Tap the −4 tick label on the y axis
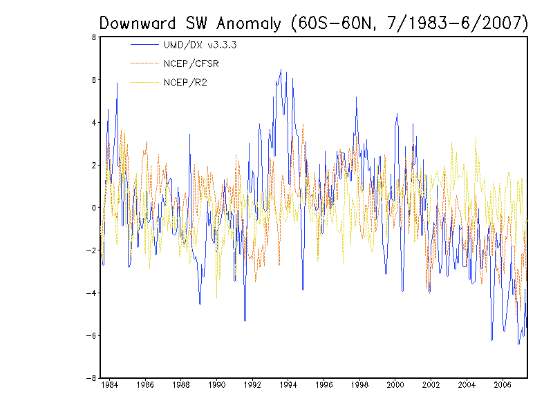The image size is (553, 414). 92,293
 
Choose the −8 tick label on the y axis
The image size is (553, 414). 92,378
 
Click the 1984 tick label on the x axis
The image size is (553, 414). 109,385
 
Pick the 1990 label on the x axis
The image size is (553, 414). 216,385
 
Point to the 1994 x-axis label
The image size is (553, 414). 288,385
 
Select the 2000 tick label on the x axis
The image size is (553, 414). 395,385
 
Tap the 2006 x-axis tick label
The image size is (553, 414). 503,385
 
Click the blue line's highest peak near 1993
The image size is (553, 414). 281,70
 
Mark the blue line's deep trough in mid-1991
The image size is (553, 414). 245,320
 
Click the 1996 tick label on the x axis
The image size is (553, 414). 324,385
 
